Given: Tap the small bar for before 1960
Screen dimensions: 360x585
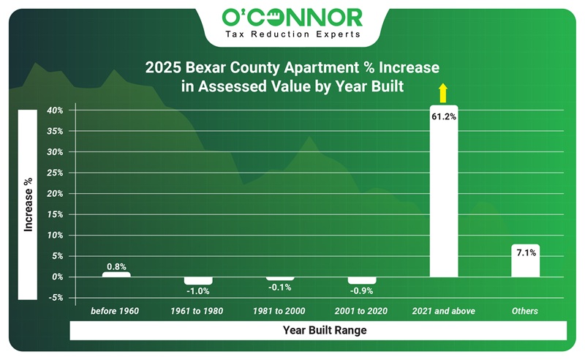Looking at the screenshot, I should [116, 274].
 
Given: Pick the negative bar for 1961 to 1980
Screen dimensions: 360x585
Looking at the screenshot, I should [197, 280].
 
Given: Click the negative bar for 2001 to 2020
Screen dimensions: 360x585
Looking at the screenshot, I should [361, 280].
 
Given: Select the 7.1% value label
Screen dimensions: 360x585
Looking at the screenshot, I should [525, 253].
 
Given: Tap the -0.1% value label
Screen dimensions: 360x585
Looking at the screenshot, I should [279, 288].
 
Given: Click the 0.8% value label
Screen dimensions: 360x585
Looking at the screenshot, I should [116, 266].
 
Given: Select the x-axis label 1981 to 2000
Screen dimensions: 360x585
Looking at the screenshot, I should [279, 311].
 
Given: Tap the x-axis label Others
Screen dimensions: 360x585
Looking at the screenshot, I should [525, 311].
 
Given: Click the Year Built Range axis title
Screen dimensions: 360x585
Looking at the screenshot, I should [325, 331].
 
